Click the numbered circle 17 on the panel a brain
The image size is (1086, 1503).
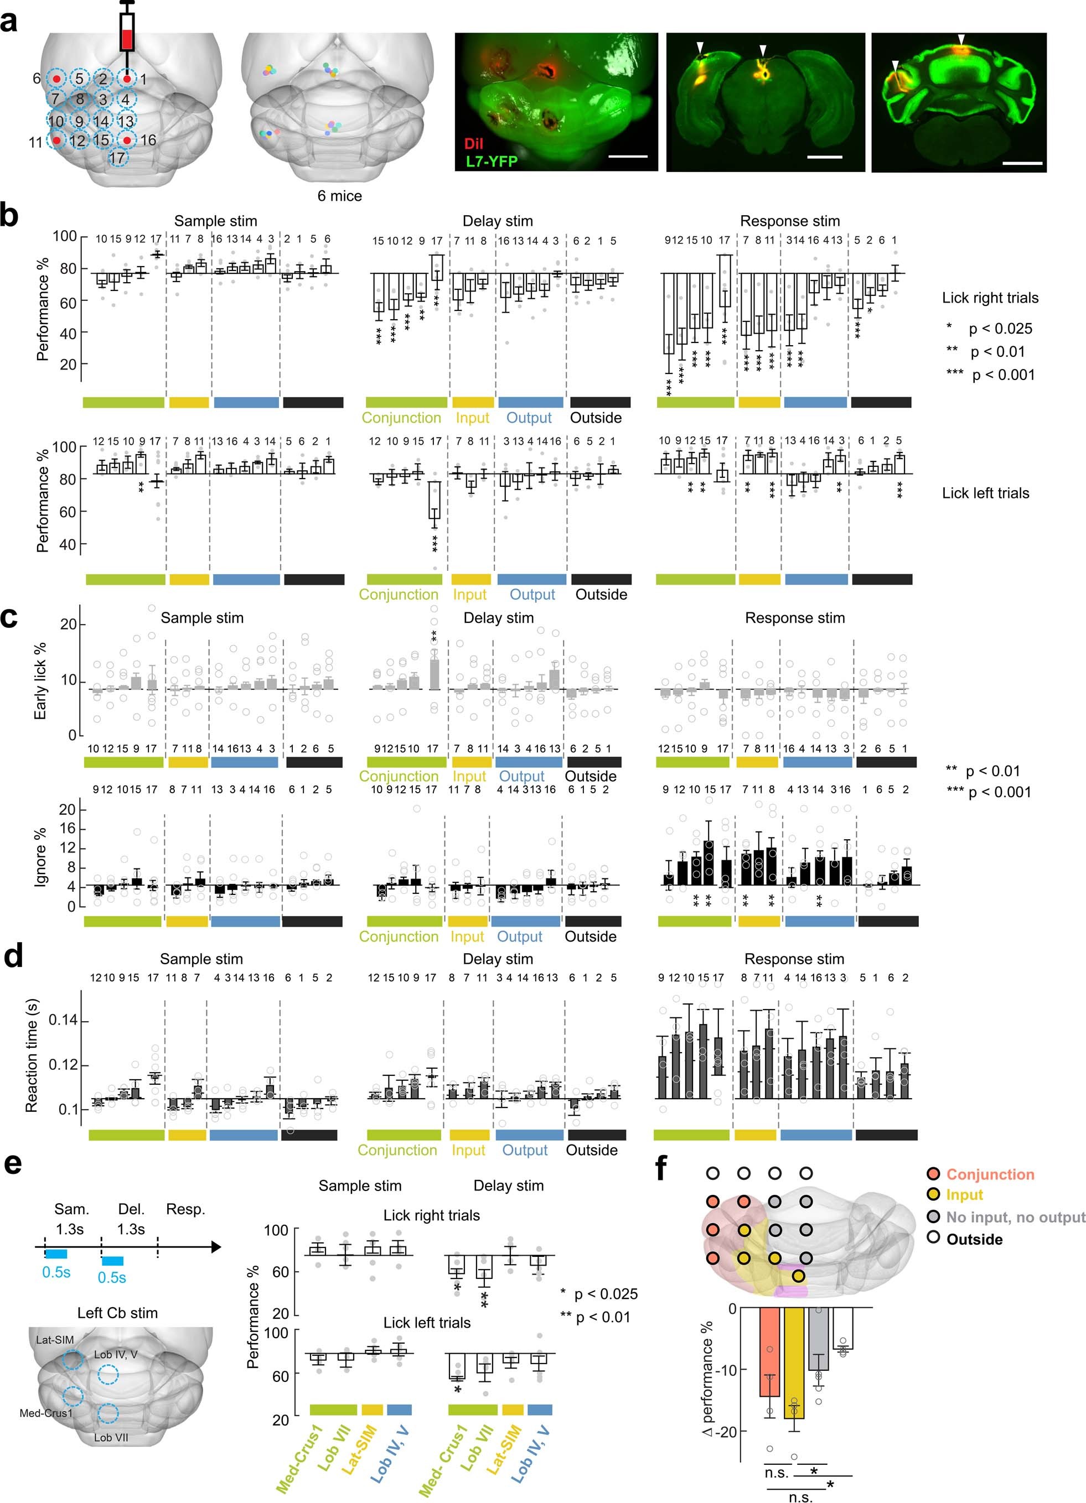pos(117,158)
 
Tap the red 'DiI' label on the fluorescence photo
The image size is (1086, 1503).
pos(473,144)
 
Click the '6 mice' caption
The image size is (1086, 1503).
pos(339,196)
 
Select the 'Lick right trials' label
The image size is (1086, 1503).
pos(990,298)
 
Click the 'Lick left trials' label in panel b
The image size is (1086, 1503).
pos(985,493)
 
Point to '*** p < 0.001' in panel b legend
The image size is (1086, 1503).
pos(990,375)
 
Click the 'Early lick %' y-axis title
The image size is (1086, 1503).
pos(40,680)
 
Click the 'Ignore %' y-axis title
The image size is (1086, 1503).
pos(40,856)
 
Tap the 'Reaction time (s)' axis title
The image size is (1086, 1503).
pos(31,1055)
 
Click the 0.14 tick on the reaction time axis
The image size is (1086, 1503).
pos(63,1021)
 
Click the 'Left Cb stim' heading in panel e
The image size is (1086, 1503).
pos(117,1313)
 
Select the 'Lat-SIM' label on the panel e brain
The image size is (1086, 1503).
pos(54,1339)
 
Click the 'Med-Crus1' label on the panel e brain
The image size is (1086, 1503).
pos(46,1413)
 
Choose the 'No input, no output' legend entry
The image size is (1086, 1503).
pos(1015,1218)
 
